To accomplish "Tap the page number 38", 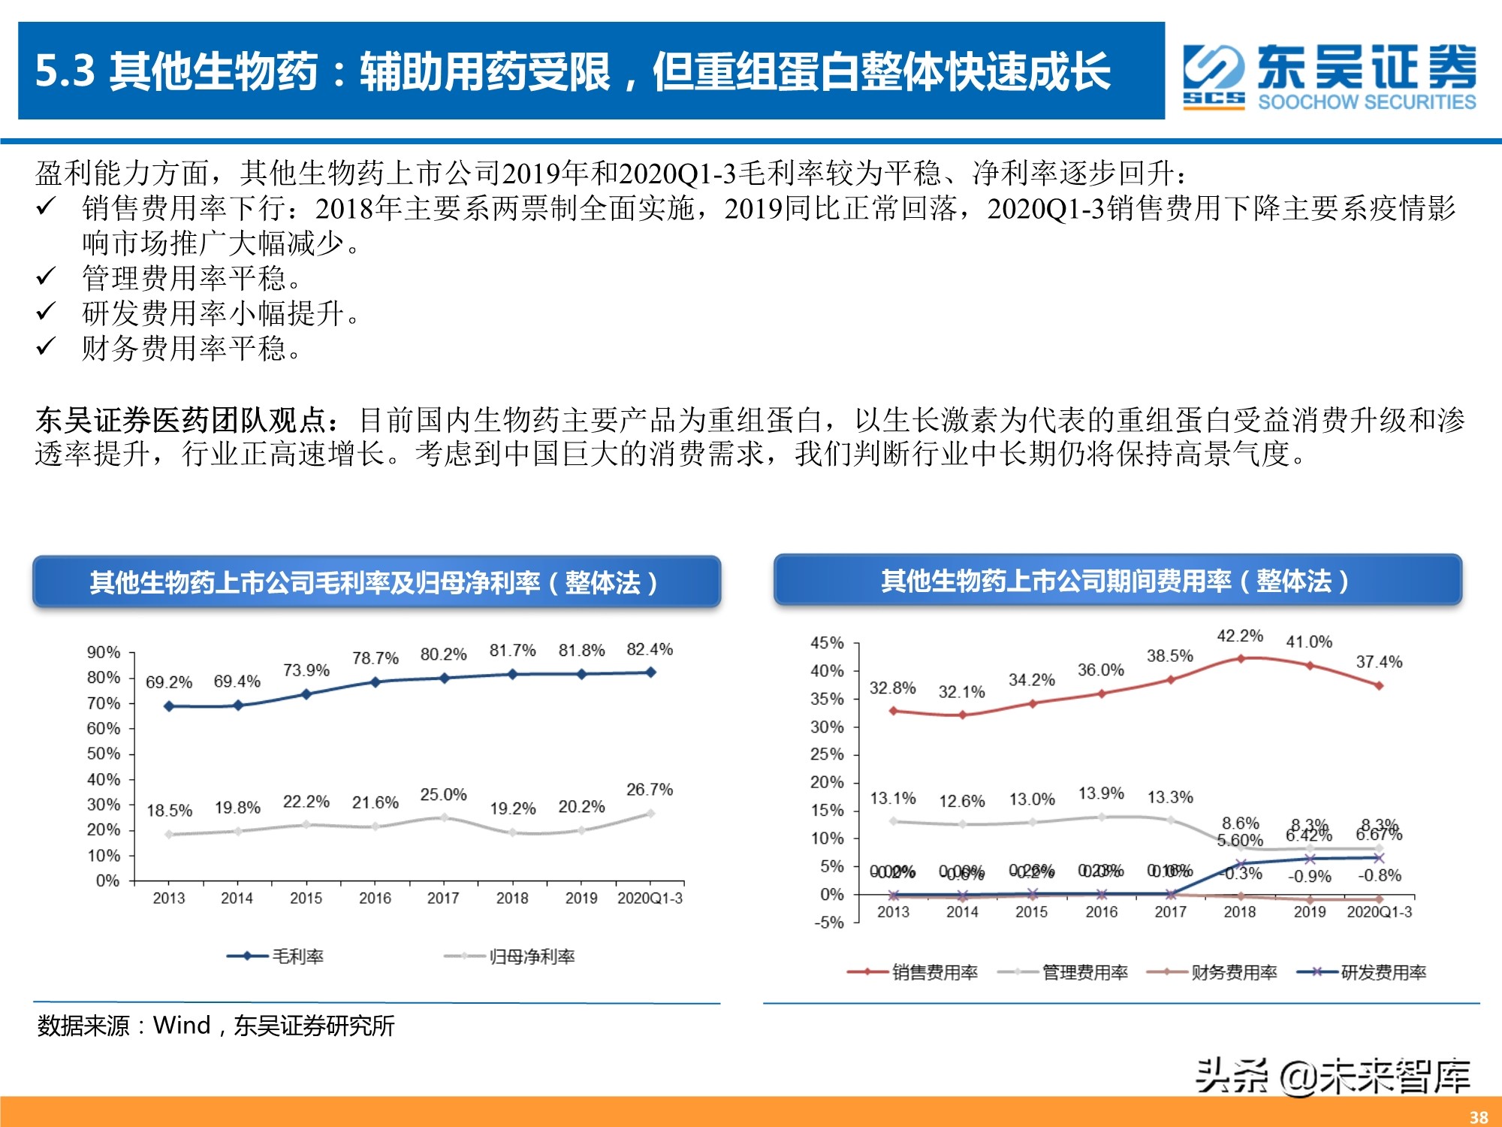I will pyautogui.click(x=1478, y=1117).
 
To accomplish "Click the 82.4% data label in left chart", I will pyautogui.click(x=650, y=649).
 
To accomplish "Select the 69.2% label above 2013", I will pyautogui.click(x=169, y=682).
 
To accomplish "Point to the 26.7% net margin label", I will pyautogui.click(x=650, y=790).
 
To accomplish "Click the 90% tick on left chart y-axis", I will pyautogui.click(x=104, y=652).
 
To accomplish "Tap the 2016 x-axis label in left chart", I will pyautogui.click(x=375, y=899).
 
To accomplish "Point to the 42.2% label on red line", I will pyautogui.click(x=1240, y=636).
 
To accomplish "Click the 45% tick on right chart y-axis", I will pyautogui.click(x=827, y=643).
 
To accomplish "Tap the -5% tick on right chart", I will pyautogui.click(x=829, y=923).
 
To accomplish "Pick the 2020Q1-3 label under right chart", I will pyautogui.click(x=1379, y=912).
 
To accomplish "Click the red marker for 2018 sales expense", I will pyautogui.click(x=1241, y=658).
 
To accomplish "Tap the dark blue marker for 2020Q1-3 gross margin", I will pyautogui.click(x=650, y=672).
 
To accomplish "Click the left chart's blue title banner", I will pyautogui.click(x=376, y=582).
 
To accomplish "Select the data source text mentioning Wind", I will pyautogui.click(x=216, y=1026).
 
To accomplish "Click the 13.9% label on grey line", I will pyautogui.click(x=1101, y=793).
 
